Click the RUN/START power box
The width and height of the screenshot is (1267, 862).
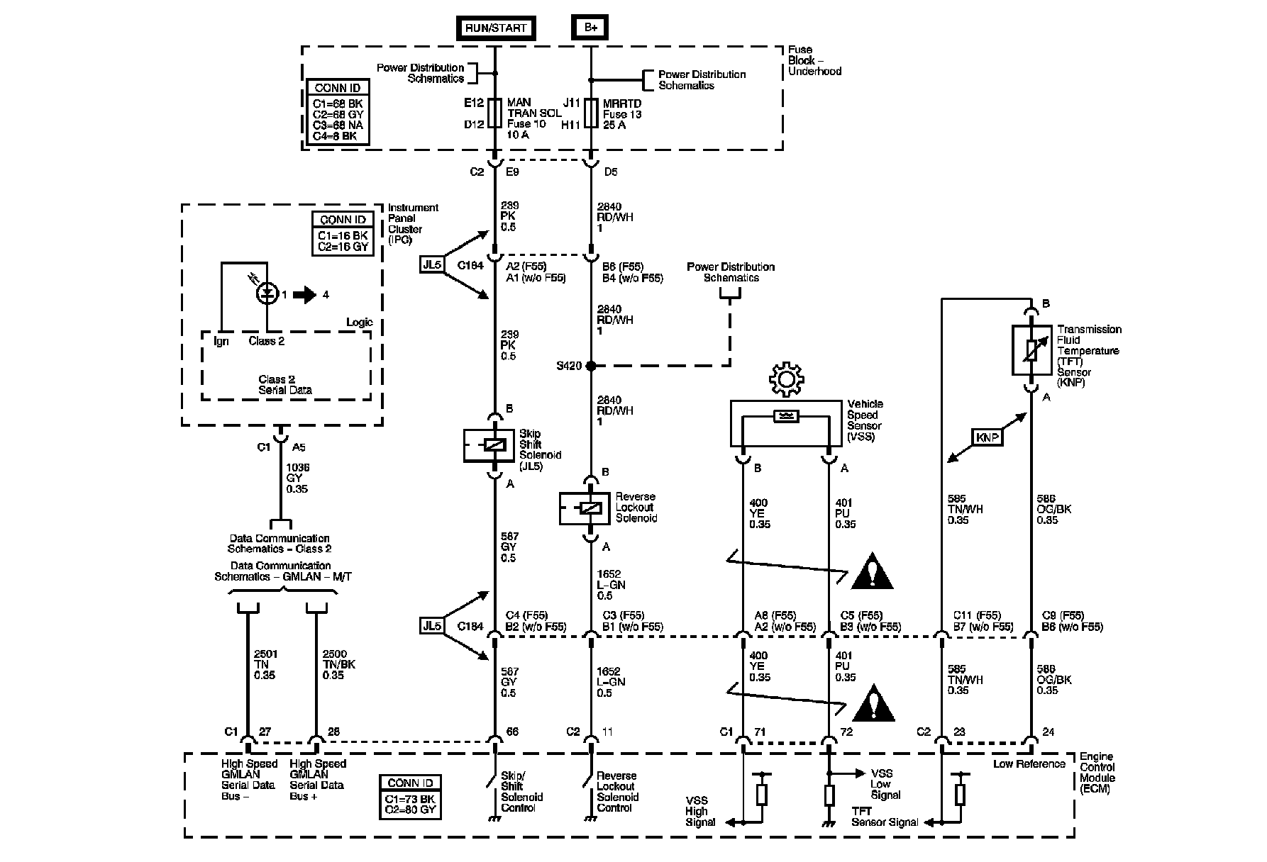(x=496, y=28)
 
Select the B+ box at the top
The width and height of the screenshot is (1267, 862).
(x=590, y=28)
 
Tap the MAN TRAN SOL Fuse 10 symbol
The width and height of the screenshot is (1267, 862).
(x=495, y=113)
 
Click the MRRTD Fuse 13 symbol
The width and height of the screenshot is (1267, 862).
(x=590, y=113)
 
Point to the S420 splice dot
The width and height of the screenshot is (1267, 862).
(x=591, y=366)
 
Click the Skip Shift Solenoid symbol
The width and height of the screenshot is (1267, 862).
(x=489, y=445)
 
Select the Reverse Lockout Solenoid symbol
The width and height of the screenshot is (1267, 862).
(x=585, y=508)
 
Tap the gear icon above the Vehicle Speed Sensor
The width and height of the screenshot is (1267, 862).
(x=785, y=380)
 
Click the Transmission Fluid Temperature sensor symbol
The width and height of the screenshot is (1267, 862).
(x=1031, y=350)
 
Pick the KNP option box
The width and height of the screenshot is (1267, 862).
(x=987, y=437)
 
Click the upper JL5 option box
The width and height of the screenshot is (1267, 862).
(x=432, y=265)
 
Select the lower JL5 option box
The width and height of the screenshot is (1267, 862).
(x=432, y=626)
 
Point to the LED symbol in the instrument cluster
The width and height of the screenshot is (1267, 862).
(x=267, y=293)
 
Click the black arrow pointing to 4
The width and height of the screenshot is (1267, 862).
(x=305, y=294)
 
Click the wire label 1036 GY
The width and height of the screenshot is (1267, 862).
(x=297, y=478)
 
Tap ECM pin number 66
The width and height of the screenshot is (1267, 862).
(x=512, y=732)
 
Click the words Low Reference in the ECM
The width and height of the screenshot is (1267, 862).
(x=1029, y=763)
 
